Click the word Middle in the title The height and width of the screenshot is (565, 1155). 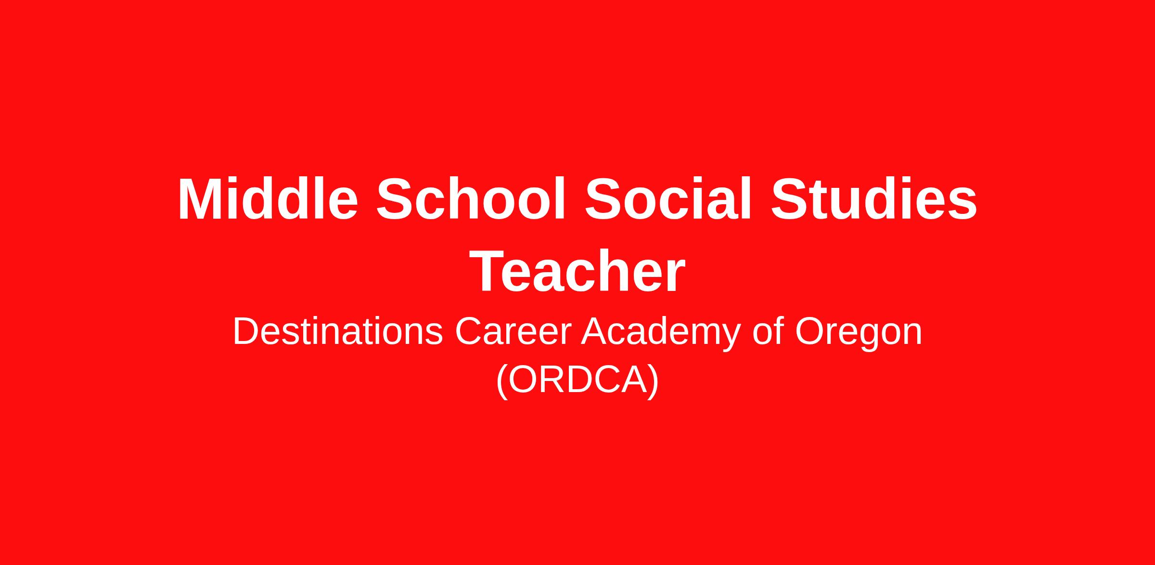268,199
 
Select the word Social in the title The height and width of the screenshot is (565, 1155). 668,199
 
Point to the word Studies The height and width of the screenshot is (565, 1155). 873,199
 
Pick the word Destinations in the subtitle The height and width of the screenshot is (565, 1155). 338,331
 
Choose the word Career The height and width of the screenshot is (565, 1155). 513,331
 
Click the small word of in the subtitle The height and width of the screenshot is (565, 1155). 768,331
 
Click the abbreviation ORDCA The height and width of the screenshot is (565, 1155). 577,380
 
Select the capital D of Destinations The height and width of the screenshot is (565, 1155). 247,331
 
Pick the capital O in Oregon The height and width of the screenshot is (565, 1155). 810,331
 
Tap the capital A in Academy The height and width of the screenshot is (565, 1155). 596,331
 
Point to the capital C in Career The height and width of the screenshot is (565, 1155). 469,331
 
